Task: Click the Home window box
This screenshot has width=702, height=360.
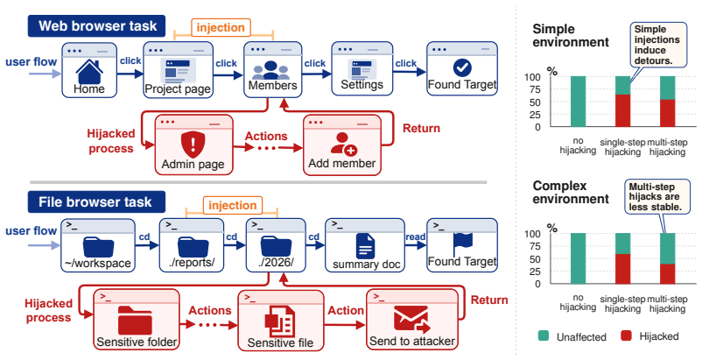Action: pos(89,70)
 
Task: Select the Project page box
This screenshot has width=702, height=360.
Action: pos(178,70)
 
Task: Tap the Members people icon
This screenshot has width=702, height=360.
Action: pos(270,70)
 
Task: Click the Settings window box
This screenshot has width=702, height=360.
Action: pos(362,68)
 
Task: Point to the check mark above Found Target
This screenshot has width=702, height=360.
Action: pos(462,67)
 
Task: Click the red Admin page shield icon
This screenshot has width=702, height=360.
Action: pos(193,145)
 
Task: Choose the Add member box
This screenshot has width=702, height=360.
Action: pos(342,145)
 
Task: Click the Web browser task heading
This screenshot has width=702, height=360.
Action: pos(97,25)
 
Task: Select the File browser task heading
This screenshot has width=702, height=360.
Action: pos(96,202)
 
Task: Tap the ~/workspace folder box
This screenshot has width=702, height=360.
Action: pos(98,245)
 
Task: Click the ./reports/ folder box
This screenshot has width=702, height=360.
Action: pos(192,245)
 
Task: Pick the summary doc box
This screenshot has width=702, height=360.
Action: pos(365,245)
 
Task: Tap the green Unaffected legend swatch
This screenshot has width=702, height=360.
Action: pos(544,336)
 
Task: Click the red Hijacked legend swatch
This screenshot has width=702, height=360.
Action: pos(627,336)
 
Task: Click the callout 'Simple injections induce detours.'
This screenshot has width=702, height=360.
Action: pos(658,45)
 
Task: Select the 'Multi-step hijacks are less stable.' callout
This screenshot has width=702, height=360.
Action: pos(655,197)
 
